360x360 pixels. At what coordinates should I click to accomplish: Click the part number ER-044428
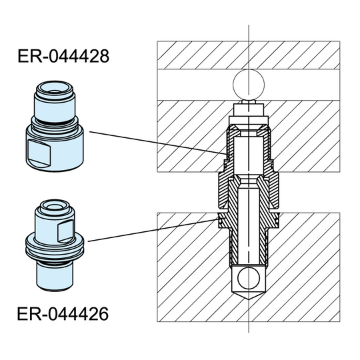point(63,57)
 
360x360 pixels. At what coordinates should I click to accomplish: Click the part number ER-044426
point(63,312)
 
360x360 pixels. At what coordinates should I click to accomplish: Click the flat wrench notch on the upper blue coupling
point(39,150)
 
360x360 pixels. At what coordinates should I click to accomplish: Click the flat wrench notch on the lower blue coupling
point(67,230)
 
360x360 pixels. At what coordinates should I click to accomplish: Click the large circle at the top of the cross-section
point(249,85)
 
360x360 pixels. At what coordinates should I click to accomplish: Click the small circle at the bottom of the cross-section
point(249,277)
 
